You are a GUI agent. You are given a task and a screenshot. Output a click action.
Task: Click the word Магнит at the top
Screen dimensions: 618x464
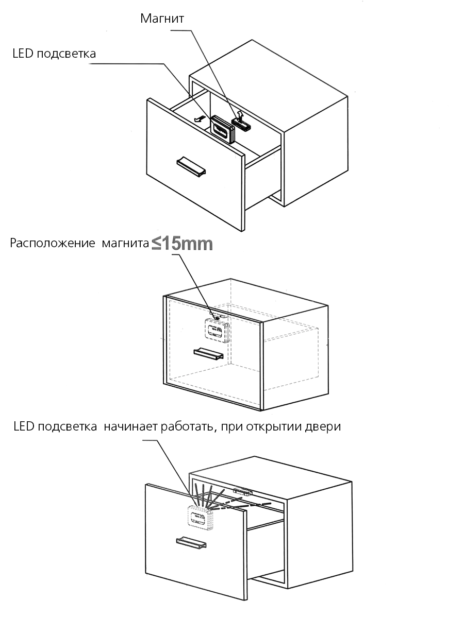(162, 19)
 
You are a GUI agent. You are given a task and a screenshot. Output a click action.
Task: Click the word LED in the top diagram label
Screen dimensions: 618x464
(23, 54)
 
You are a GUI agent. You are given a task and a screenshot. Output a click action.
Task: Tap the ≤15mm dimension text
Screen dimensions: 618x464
(182, 244)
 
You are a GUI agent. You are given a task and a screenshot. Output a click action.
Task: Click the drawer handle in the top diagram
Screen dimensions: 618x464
(191, 165)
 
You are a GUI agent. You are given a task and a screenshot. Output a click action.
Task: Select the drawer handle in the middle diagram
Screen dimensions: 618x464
(208, 354)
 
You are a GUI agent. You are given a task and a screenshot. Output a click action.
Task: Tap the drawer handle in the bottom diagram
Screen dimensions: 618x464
(191, 542)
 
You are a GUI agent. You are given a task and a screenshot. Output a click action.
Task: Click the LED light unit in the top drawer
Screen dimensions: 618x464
(222, 128)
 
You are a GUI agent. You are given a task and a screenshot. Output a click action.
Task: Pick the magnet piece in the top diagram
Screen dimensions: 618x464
(241, 123)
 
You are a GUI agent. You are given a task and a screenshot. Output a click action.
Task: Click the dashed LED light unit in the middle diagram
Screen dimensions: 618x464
(216, 329)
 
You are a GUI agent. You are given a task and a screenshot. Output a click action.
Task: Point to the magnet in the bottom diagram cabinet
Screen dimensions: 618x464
(243, 491)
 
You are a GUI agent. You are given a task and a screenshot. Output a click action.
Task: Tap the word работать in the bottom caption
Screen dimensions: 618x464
(186, 427)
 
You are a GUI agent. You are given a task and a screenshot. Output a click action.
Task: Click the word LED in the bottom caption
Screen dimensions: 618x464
(23, 427)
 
